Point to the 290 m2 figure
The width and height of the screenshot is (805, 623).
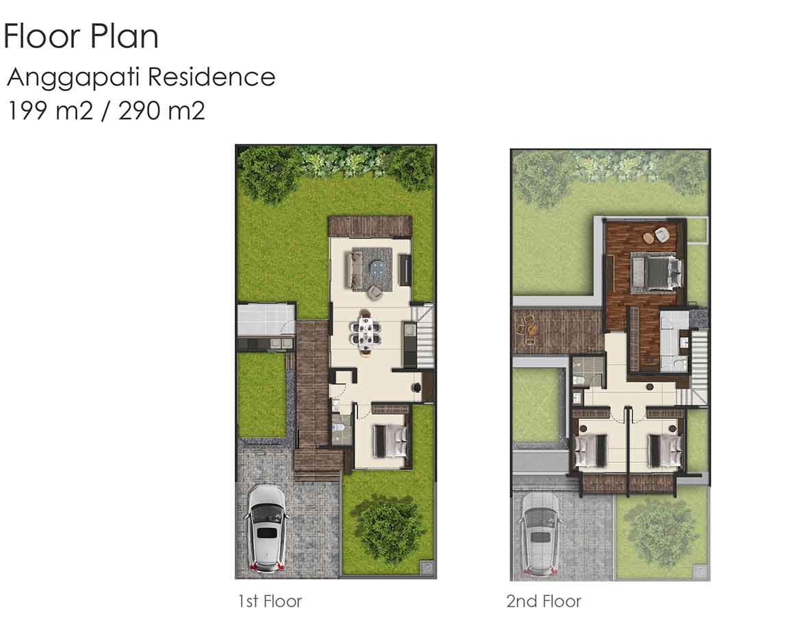(162, 110)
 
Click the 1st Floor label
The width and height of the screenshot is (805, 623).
(270, 602)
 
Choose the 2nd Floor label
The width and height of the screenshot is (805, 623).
(544, 602)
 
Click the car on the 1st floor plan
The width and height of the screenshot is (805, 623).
(268, 529)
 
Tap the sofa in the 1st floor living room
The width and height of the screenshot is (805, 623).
(355, 269)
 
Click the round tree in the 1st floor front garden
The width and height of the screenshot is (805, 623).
(389, 523)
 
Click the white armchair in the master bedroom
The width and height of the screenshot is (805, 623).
(661, 234)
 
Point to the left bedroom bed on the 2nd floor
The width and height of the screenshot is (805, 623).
(591, 450)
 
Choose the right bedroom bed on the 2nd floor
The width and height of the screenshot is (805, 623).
(664, 450)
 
